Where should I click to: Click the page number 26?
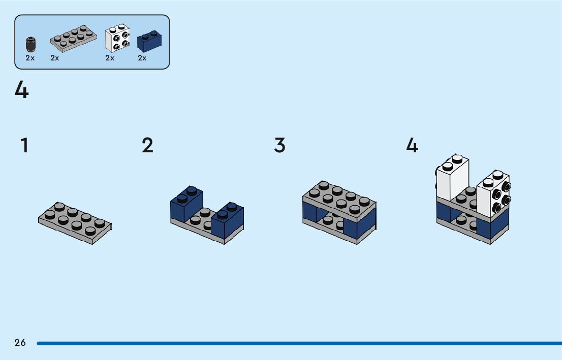(x=20, y=343)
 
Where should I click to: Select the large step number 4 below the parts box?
(x=22, y=91)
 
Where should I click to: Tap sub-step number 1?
(x=24, y=146)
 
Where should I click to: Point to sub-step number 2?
(x=147, y=146)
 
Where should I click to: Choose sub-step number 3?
(x=279, y=146)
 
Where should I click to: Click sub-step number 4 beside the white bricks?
(x=412, y=146)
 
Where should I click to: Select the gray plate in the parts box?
(x=74, y=39)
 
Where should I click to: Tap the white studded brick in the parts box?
(x=117, y=39)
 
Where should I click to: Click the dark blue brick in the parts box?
(x=149, y=41)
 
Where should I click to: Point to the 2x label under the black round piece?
(x=30, y=58)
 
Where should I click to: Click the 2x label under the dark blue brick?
(x=142, y=58)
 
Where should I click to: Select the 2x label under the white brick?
(x=110, y=58)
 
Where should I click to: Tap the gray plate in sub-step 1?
(x=75, y=223)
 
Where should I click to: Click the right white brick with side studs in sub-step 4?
(x=493, y=195)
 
